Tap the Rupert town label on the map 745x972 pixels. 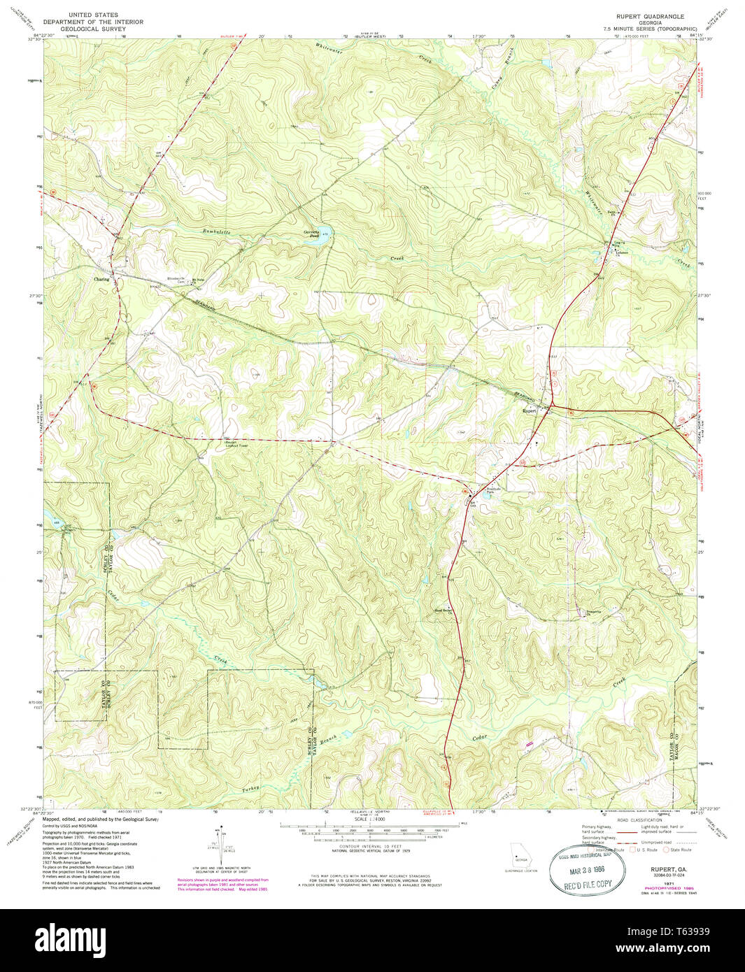tap(530, 411)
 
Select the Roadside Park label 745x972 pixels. tap(495, 491)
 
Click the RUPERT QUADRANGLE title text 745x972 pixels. tap(650, 15)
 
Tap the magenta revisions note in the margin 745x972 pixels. tap(222, 884)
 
